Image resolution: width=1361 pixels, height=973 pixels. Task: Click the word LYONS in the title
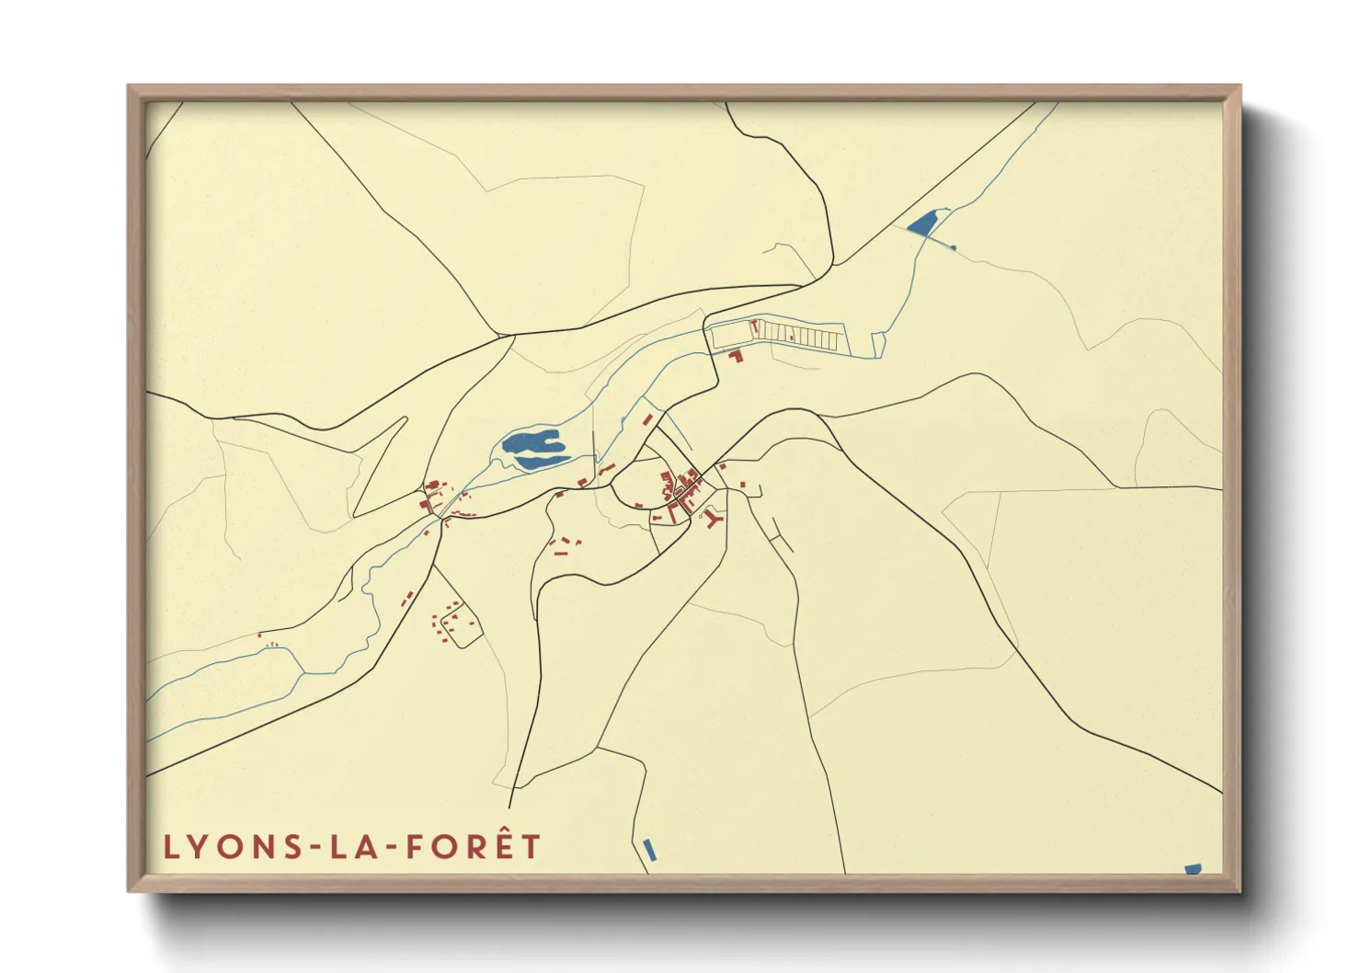pos(225,847)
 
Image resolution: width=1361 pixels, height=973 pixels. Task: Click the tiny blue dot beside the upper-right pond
pos(953,247)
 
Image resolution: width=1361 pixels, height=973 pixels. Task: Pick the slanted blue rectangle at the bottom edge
pos(650,850)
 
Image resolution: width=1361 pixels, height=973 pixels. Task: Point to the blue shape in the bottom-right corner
pos(1193,868)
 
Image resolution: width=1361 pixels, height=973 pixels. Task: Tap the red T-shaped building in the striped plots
pos(755,326)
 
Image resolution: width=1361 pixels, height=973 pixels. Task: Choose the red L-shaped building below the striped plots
pos(736,355)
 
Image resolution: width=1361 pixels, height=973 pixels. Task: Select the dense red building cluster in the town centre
pos(680,486)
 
